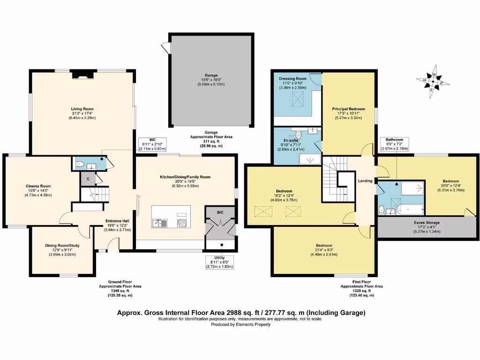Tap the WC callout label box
click(x=152, y=144)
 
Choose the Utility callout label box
click(x=219, y=262)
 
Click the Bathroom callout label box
click(x=395, y=144)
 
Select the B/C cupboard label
click(x=220, y=212)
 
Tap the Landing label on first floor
click(x=365, y=181)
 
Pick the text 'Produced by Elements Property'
click(x=240, y=324)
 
